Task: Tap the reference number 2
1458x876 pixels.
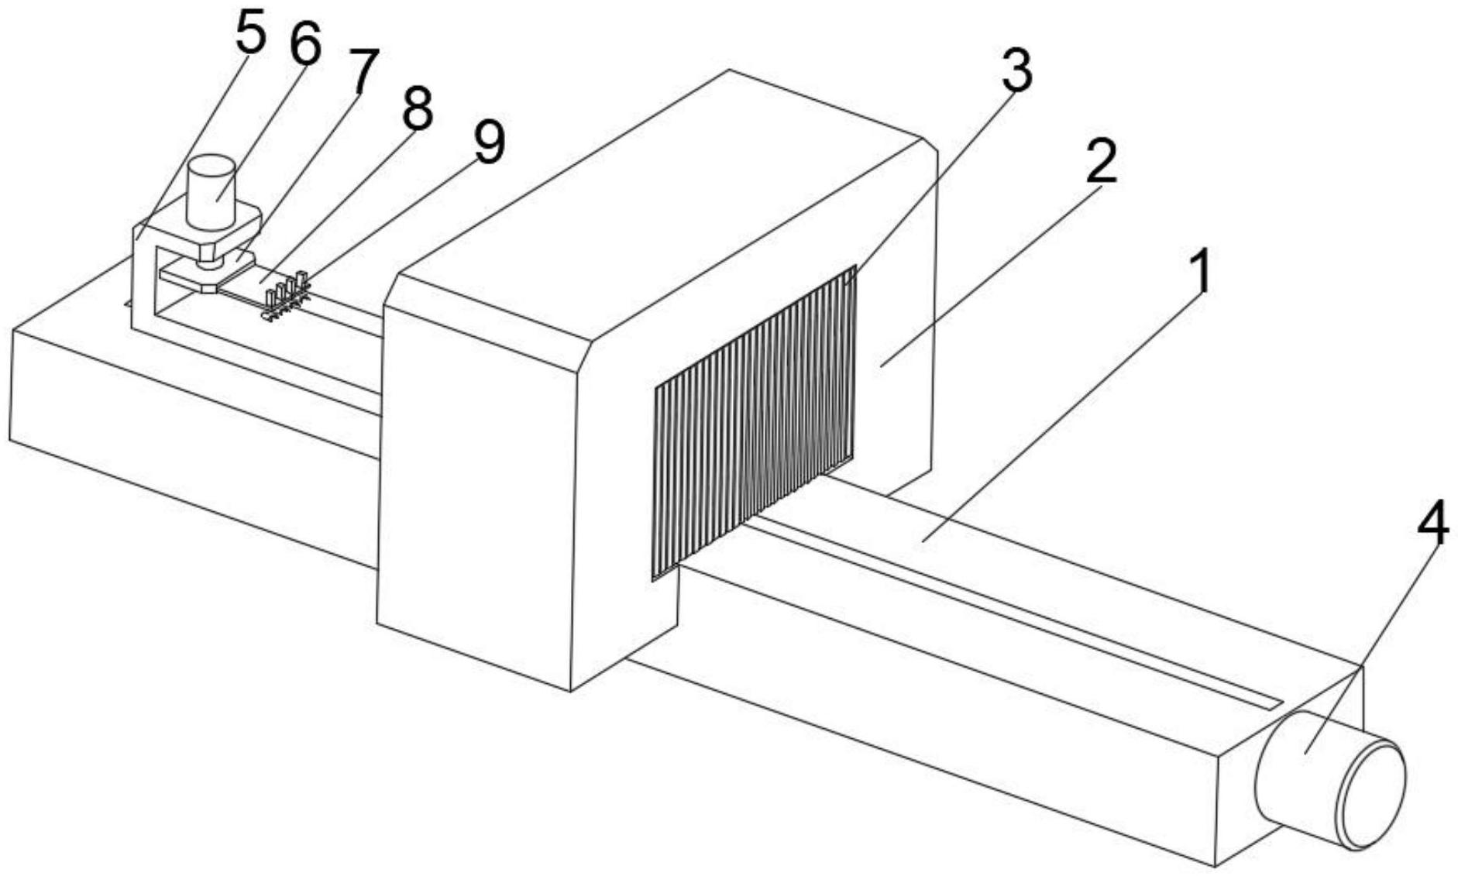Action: [1101, 160]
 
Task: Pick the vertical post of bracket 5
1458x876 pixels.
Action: [144, 279]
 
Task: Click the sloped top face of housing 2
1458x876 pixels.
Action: [659, 201]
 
